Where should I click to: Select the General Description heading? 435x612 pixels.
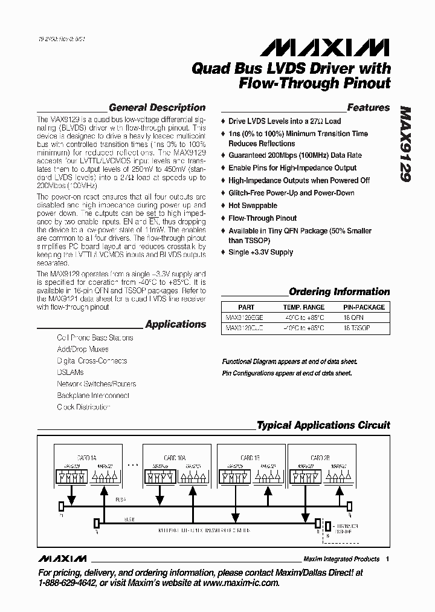click(156, 108)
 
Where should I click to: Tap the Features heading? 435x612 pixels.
click(368, 108)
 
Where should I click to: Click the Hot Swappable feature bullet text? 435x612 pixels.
click(253, 206)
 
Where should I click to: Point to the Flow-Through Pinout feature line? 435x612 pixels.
click(262, 218)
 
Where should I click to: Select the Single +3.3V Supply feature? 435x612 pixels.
click(260, 252)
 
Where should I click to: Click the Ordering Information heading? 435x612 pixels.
click(339, 291)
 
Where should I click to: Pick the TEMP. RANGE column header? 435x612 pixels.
click(303, 307)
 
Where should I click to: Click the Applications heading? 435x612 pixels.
click(175, 324)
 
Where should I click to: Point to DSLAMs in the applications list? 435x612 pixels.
click(70, 373)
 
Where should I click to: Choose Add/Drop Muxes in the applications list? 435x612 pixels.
click(83, 350)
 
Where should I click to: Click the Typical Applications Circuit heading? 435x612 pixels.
click(323, 425)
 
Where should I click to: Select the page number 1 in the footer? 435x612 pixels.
click(387, 559)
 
